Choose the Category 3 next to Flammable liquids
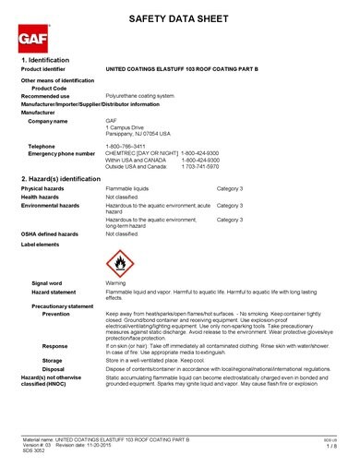(x=229, y=188)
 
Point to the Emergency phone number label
(x=62, y=152)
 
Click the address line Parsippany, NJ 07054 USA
(x=138, y=133)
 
